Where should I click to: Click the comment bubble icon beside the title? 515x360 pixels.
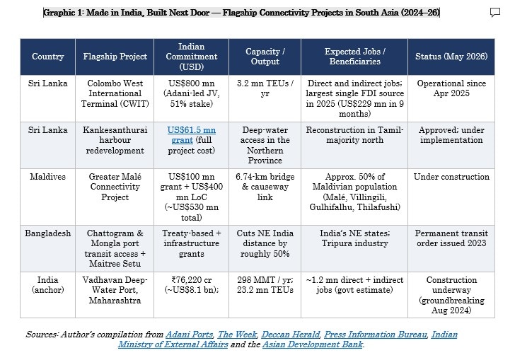coord(495,13)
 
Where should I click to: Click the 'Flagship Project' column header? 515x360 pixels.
coord(115,57)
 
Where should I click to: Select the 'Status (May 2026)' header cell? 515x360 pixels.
coord(451,57)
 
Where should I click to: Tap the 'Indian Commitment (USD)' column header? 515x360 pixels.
coord(192,57)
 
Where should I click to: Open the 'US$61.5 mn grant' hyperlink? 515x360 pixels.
coord(192,135)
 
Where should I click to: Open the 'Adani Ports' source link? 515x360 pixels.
coord(189,335)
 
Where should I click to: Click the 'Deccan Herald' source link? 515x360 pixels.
coord(290,335)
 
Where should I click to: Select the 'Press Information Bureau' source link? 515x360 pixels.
coord(376,335)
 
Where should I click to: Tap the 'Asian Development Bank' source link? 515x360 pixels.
coord(313,344)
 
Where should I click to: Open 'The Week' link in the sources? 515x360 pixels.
coord(237,335)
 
